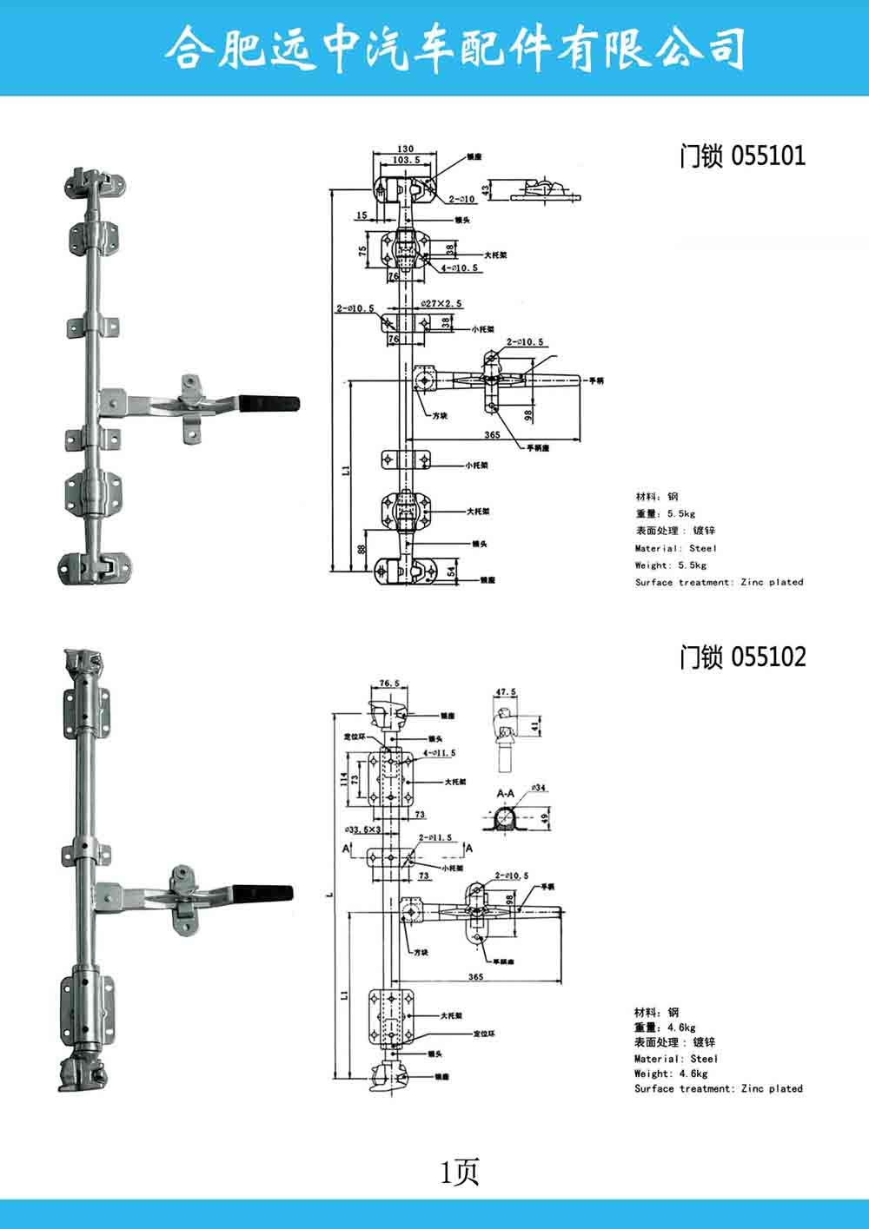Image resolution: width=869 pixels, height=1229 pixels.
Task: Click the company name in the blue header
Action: click(x=454, y=47)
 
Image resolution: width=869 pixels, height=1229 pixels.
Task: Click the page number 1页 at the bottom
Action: click(x=460, y=1173)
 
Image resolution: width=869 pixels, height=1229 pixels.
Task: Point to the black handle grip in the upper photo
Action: click(x=272, y=403)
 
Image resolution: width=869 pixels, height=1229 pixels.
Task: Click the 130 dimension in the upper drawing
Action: click(x=404, y=149)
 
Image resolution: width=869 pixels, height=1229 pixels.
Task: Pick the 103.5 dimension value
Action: click(x=406, y=161)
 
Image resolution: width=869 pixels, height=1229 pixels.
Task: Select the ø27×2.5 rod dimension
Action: click(x=441, y=304)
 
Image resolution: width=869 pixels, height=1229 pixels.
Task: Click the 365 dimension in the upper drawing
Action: click(x=492, y=435)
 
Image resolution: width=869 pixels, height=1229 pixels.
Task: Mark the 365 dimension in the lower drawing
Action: click(x=475, y=977)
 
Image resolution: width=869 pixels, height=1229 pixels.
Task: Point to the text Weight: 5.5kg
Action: click(x=670, y=565)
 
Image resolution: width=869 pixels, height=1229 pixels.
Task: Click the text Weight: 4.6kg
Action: click(x=670, y=1074)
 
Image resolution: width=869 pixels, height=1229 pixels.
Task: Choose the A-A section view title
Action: click(x=506, y=794)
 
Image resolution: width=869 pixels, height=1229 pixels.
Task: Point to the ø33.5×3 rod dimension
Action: click(x=363, y=829)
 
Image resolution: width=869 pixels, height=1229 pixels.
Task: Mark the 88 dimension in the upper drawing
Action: click(x=361, y=549)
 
